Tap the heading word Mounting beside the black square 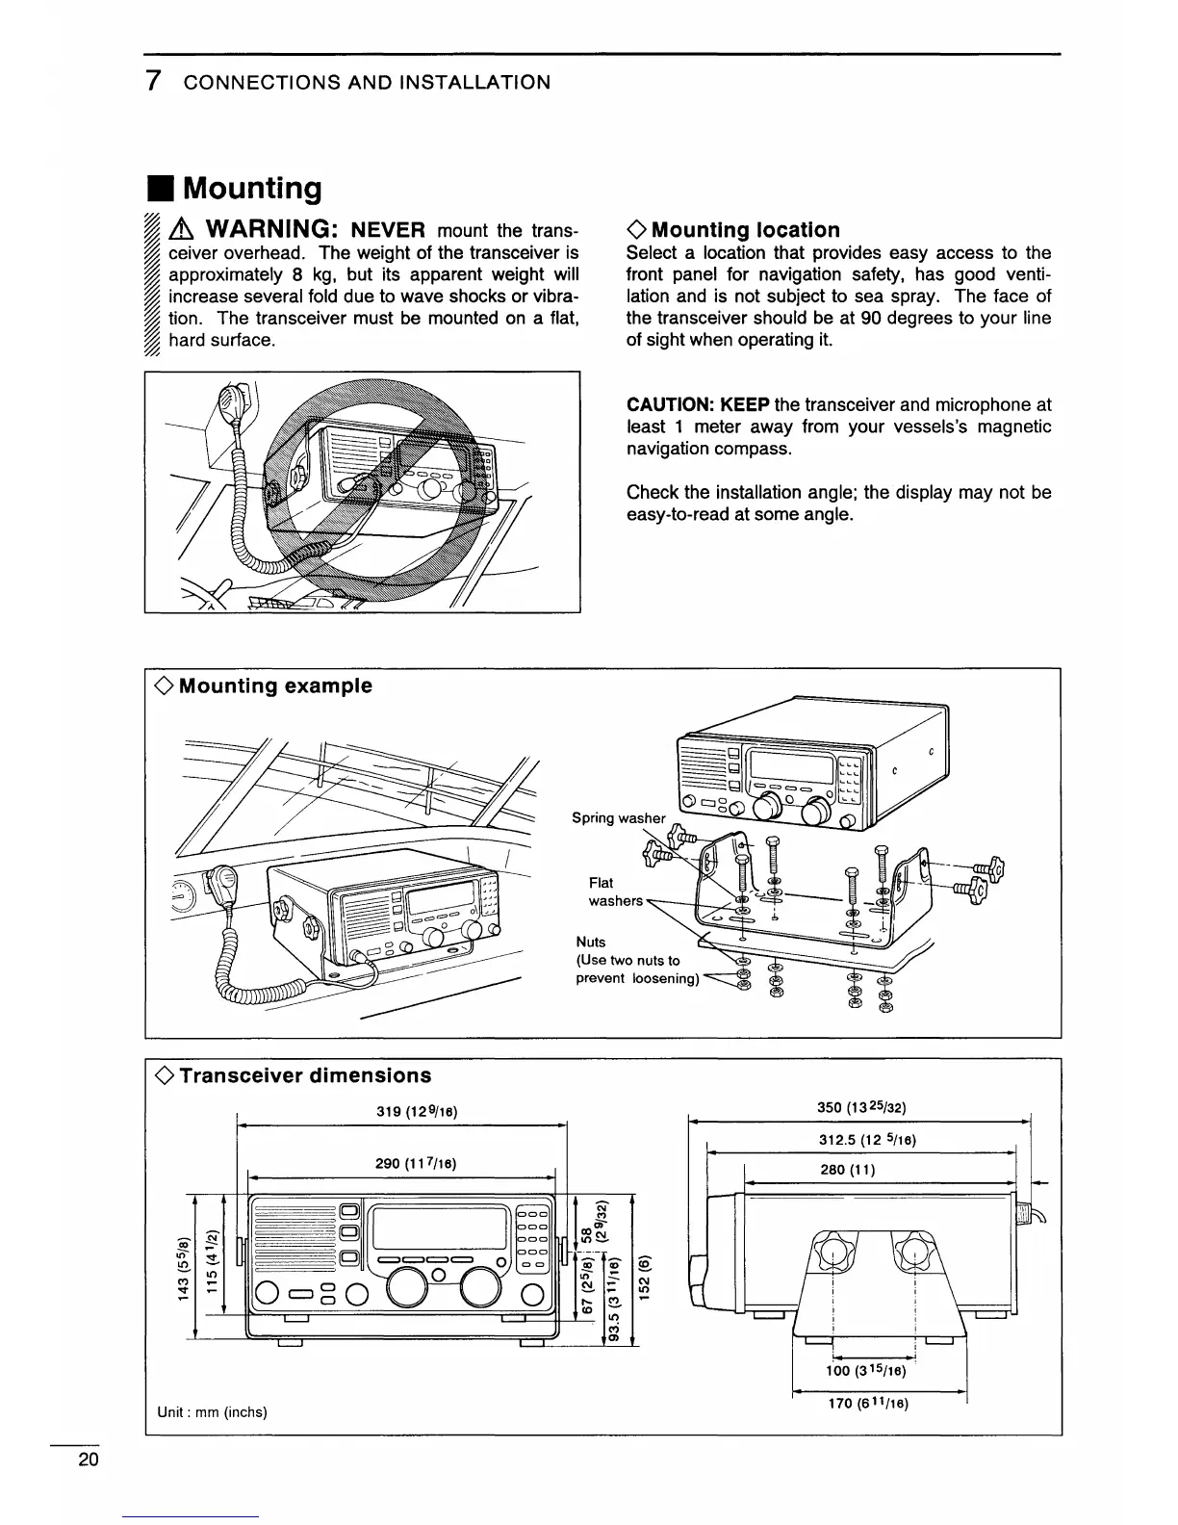(x=253, y=188)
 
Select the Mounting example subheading (x=274, y=685)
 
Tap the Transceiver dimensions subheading (x=304, y=1075)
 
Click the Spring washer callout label (x=618, y=818)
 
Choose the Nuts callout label (x=590, y=942)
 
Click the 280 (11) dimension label (x=848, y=1171)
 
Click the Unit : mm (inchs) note (x=211, y=1412)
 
